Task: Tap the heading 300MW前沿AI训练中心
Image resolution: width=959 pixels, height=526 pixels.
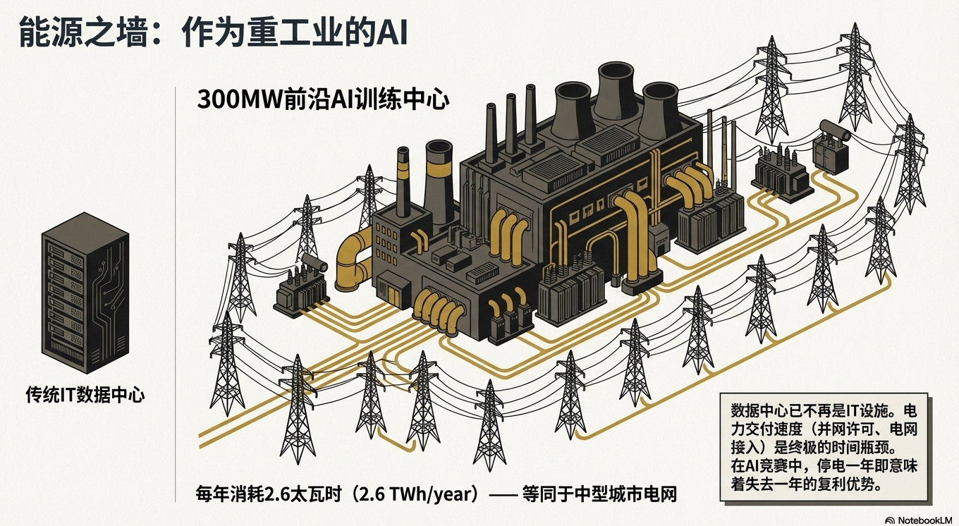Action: click(323, 99)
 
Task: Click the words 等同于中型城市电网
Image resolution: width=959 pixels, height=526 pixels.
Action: click(599, 494)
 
